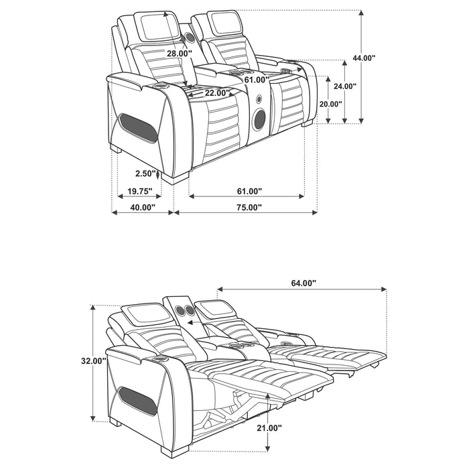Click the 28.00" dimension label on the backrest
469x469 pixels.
click(x=180, y=53)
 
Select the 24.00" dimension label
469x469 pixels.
click(x=346, y=86)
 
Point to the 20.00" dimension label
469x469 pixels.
click(x=330, y=104)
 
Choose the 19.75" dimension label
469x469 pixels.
click(x=139, y=192)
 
